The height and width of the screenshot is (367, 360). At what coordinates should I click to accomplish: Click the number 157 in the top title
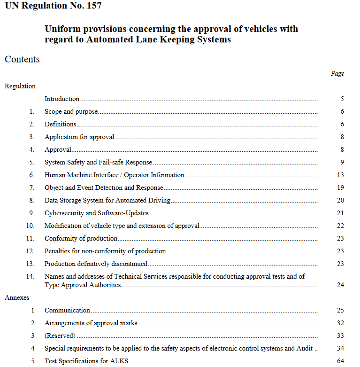click(92, 6)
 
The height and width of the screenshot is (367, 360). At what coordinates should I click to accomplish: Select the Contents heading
click(22, 59)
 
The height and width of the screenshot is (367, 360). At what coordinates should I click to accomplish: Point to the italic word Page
click(337, 73)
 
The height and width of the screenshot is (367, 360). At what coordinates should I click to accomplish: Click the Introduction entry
click(62, 99)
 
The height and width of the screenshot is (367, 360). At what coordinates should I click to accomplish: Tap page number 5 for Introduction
click(342, 99)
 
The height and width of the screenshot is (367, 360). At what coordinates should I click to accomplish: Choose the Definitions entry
click(60, 124)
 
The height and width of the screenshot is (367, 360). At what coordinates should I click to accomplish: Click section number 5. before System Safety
click(32, 162)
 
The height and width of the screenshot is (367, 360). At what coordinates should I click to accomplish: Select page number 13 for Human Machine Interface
click(340, 175)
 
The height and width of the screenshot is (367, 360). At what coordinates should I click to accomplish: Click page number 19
click(340, 187)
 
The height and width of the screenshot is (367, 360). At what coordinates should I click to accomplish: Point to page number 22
click(340, 226)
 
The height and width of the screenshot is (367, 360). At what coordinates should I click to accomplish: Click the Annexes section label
click(17, 297)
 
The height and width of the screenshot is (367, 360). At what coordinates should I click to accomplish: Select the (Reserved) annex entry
click(60, 336)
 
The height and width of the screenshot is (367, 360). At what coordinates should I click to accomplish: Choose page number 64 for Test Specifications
click(340, 361)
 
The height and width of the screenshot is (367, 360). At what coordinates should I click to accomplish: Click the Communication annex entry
click(67, 310)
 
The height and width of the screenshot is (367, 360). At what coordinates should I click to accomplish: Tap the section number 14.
click(30, 276)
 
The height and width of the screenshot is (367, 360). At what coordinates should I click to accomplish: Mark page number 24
click(340, 285)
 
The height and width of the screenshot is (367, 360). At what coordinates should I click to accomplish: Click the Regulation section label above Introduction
click(20, 86)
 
